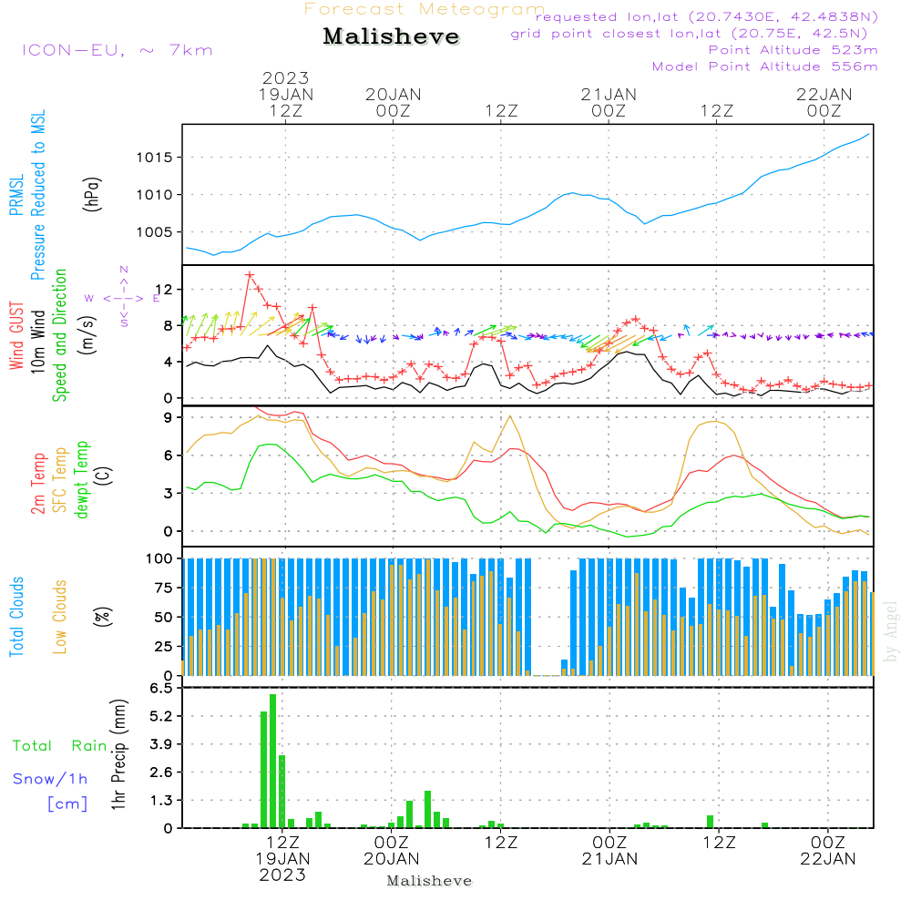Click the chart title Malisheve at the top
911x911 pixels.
click(x=391, y=36)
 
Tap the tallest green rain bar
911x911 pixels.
click(x=273, y=761)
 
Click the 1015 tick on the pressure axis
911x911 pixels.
click(x=155, y=158)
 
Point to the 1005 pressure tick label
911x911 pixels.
click(x=155, y=232)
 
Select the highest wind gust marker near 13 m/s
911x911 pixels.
click(x=250, y=275)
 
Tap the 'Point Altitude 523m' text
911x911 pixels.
click(x=793, y=50)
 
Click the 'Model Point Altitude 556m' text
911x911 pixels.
click(x=764, y=67)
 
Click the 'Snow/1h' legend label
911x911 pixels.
click(x=50, y=779)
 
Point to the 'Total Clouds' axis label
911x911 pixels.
click(x=16, y=617)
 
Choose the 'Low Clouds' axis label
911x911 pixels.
click(x=60, y=617)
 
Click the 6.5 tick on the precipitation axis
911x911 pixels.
click(x=161, y=689)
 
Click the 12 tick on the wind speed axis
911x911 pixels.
click(x=164, y=290)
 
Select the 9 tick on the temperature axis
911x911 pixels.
click(x=168, y=418)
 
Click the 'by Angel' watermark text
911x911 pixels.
click(x=891, y=631)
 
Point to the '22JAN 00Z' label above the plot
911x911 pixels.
click(x=824, y=103)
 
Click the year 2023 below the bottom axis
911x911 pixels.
click(x=282, y=875)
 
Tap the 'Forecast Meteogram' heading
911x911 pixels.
click(x=425, y=9)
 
